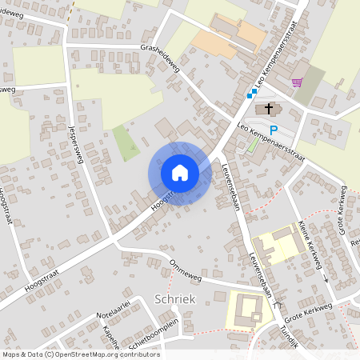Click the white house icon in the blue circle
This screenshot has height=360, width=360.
pyautogui.click(x=180, y=172)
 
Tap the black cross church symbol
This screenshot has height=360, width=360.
pyautogui.click(x=268, y=109)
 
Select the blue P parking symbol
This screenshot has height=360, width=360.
pyautogui.click(x=274, y=130)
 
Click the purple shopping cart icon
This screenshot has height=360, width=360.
pyautogui.click(x=298, y=82)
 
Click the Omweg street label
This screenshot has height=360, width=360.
pyautogui.click(x=185, y=269)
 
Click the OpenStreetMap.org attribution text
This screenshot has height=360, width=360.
pyautogui.click(x=107, y=354)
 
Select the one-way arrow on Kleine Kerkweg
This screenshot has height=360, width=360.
pyautogui.click(x=326, y=279)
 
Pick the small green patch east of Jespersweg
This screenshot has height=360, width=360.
pyautogui.click(x=125, y=142)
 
